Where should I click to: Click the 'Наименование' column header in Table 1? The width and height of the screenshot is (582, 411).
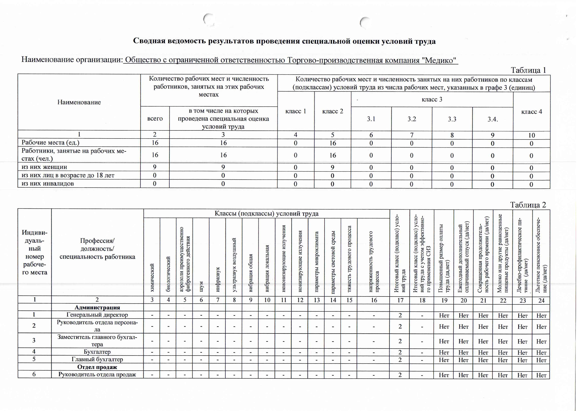pyautogui.click(x=79, y=102)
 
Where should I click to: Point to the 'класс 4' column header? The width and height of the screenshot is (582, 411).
pyautogui.click(x=532, y=112)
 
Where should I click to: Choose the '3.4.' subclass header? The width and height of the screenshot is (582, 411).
pyautogui.click(x=493, y=119)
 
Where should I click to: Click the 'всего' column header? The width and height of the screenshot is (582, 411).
pyautogui.click(x=155, y=119)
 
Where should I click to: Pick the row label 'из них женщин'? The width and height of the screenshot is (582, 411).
pyautogui.click(x=44, y=167)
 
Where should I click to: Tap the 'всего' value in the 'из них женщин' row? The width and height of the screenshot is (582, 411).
pyautogui.click(x=155, y=167)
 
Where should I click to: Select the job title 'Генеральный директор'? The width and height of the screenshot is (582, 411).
pyautogui.click(x=97, y=315)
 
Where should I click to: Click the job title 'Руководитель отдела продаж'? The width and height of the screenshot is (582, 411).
pyautogui.click(x=97, y=374)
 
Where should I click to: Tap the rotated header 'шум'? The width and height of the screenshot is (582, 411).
pyautogui.click(x=201, y=286)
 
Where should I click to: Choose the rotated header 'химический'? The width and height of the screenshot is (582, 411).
pyautogui.click(x=152, y=278)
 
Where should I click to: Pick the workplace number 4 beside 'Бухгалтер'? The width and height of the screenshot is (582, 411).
pyautogui.click(x=34, y=352)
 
